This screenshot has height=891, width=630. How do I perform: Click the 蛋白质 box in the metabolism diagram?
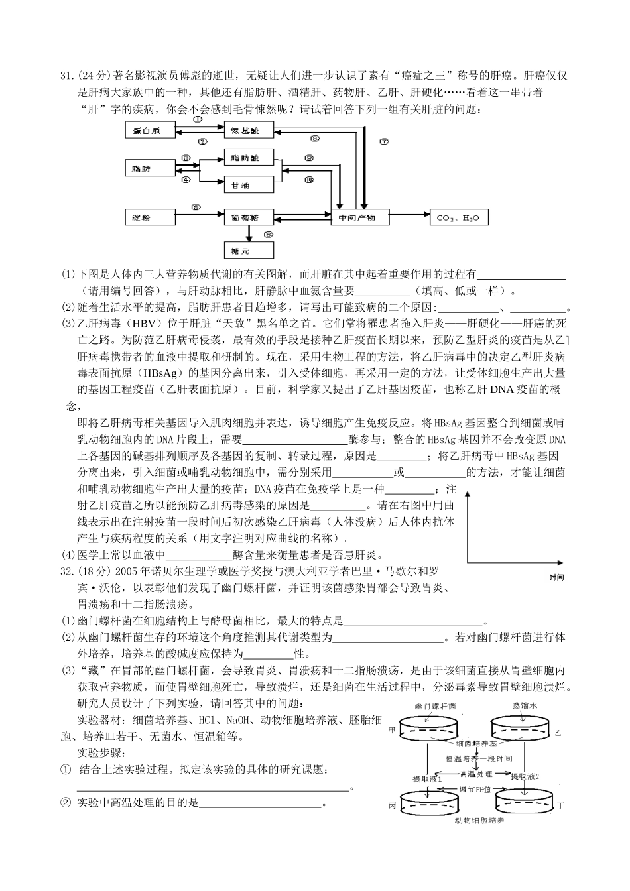tap(150, 131)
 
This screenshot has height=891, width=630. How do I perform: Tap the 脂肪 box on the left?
tap(150, 169)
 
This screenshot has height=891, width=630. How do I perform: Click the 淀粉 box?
tap(150, 217)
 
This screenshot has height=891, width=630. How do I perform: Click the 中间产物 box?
tap(359, 217)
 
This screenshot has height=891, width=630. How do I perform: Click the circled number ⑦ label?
tap(384, 141)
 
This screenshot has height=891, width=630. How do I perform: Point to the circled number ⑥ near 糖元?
tap(267, 234)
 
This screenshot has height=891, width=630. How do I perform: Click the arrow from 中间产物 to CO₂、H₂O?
tap(409, 216)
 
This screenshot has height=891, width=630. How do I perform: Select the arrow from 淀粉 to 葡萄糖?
tap(200, 216)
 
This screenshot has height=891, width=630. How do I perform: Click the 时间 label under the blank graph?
tap(557, 577)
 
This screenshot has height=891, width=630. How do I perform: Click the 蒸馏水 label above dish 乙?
tap(525, 707)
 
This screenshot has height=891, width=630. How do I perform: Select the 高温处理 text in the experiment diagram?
tap(475, 773)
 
